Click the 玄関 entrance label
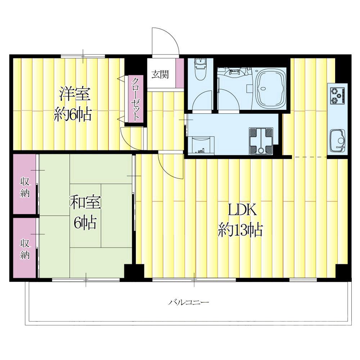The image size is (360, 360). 160,75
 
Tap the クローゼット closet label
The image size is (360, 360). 135,99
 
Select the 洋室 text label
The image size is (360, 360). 75,94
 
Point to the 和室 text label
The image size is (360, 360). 85,202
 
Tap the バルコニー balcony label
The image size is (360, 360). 189,302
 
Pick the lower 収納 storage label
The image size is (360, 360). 25,249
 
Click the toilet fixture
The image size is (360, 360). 201,69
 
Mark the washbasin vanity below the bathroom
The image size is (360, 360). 201,145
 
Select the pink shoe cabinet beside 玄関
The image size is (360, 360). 180,73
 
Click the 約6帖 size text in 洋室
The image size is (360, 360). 73,114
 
